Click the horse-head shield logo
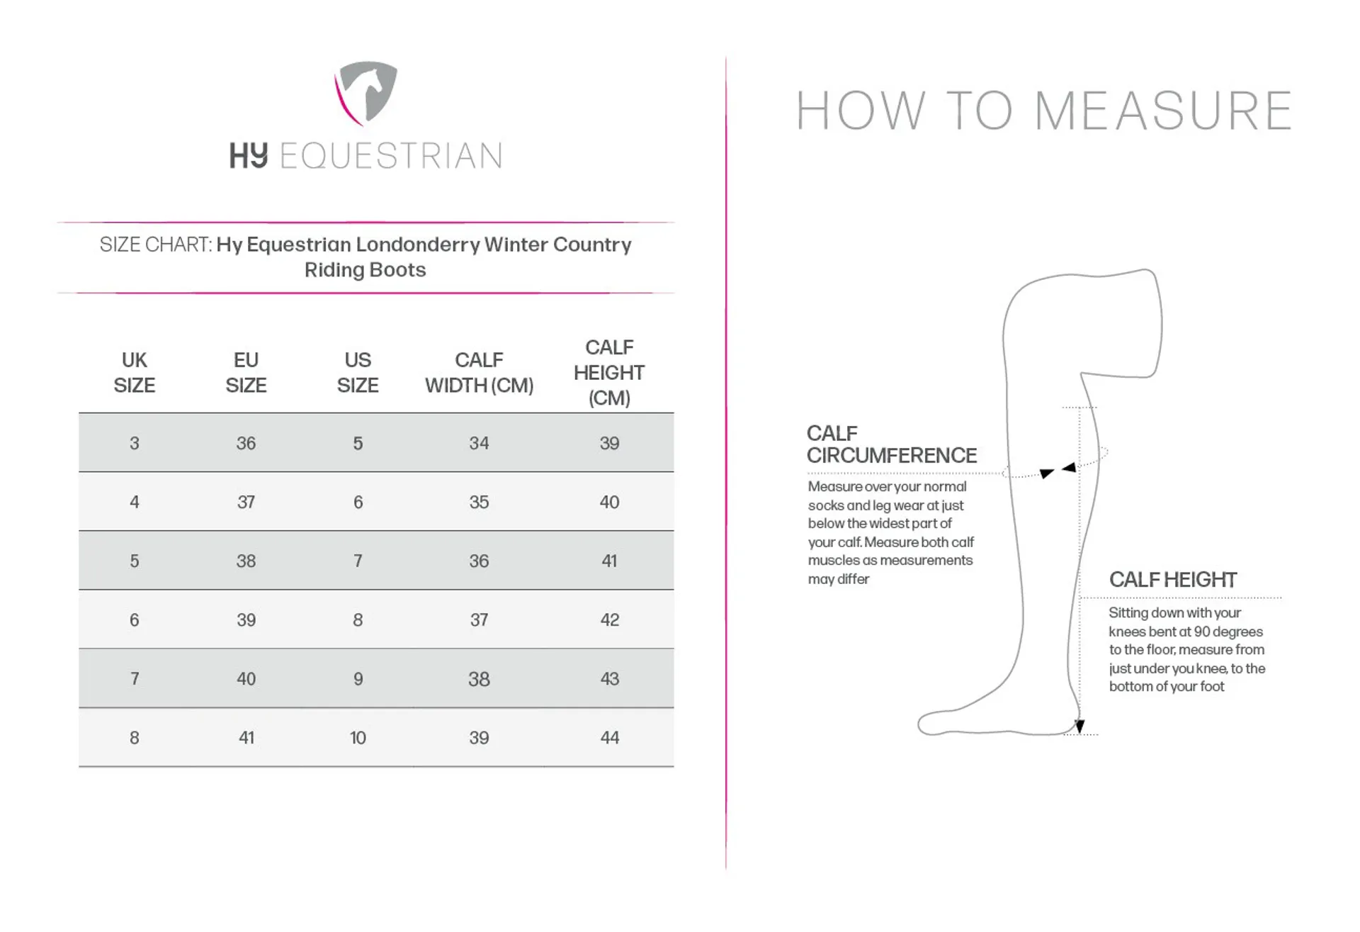(x=366, y=92)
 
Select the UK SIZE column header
(x=134, y=373)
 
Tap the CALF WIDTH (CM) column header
(x=479, y=373)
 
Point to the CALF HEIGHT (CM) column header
(x=609, y=373)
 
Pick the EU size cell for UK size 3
(x=246, y=444)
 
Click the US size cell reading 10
(x=358, y=738)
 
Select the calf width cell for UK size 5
(x=479, y=561)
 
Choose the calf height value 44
(x=609, y=738)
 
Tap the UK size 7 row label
(x=135, y=679)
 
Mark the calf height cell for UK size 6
(x=609, y=620)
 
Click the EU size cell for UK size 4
(x=246, y=503)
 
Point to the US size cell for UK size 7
(x=358, y=679)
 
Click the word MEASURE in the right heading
(x=1163, y=111)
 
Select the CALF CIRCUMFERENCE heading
(x=891, y=444)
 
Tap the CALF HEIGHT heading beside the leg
(x=1172, y=580)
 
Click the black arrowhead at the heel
(x=1079, y=726)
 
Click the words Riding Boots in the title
(x=365, y=270)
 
